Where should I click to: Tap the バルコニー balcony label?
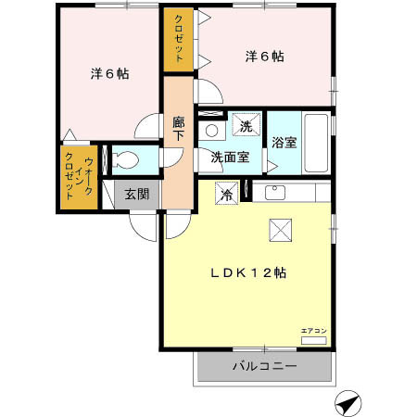[264, 368]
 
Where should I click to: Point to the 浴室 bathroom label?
[284, 143]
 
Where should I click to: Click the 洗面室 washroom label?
[229, 157]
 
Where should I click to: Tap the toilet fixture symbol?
[124, 159]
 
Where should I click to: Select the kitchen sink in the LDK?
[275, 193]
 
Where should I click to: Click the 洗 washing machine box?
[246, 126]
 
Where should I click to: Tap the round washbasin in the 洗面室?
[211, 132]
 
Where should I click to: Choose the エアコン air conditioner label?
[313, 331]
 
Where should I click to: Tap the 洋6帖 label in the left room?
[109, 74]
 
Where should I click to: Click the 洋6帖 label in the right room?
[264, 56]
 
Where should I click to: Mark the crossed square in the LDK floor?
[280, 230]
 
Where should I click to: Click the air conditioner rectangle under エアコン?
[313, 341]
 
